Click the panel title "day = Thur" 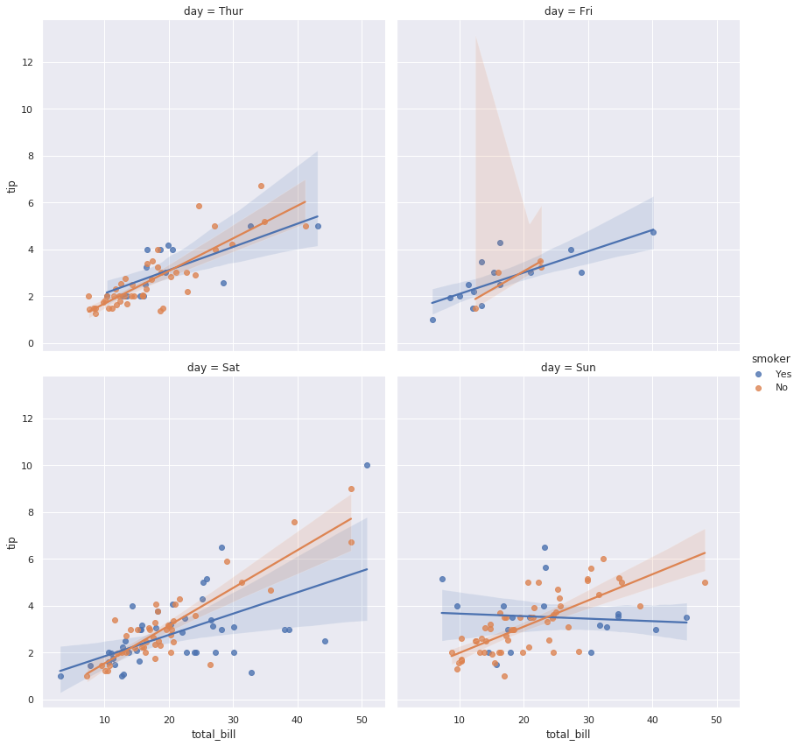pos(214,11)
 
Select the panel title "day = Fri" pos(568,11)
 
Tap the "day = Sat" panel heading pos(214,368)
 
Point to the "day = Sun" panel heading pos(568,368)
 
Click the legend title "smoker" pos(770,359)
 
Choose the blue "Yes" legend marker pos(758,374)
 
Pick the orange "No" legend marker pos(758,387)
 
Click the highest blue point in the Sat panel pos(367,465)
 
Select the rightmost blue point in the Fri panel pos(653,232)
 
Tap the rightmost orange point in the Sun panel pos(705,582)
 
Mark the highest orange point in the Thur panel pos(261,186)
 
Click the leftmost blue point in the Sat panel pos(60,676)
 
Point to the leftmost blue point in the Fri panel pos(432,320)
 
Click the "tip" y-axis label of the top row pos(12,186)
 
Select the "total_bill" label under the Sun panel pos(568,735)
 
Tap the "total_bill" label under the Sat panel pos(214,735)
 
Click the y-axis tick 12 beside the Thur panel pos(28,62)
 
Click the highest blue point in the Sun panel pos(545,547)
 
